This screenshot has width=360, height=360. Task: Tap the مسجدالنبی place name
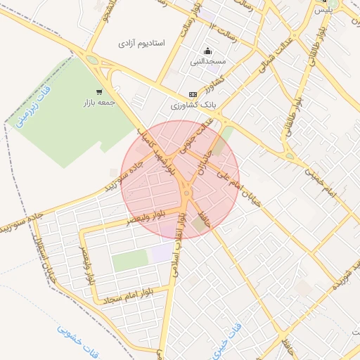click(208, 62)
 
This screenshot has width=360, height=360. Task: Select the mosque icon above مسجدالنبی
click(207, 51)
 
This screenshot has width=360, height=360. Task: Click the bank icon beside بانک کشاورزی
click(193, 94)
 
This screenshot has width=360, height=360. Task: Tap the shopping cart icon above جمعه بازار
click(100, 91)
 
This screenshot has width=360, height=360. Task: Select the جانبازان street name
click(205, 165)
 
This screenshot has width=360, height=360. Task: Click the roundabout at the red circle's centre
click(186, 190)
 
